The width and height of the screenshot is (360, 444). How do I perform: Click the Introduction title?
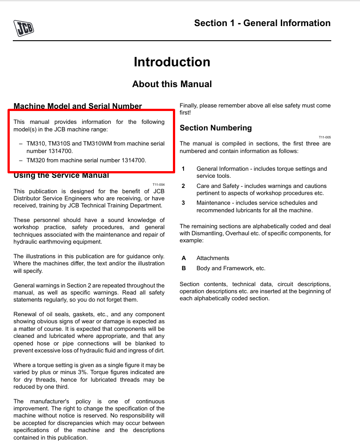click(172, 62)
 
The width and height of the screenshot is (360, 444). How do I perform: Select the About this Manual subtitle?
click(172, 84)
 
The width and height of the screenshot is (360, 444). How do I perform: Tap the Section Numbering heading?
click(215, 128)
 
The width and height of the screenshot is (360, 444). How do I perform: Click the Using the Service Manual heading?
click(61, 176)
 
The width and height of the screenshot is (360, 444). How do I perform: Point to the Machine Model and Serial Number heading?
click(78, 106)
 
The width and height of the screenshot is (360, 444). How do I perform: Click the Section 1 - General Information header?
click(262, 23)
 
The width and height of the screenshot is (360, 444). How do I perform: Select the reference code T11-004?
click(158, 184)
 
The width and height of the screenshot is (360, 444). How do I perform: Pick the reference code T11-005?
click(325, 137)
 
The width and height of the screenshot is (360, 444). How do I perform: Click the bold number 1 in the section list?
click(184, 168)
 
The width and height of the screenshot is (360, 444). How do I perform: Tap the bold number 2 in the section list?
click(184, 186)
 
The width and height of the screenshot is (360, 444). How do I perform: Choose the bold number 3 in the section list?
click(184, 203)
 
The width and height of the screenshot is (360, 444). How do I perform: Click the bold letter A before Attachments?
click(184, 258)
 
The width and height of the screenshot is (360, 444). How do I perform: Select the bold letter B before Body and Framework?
click(184, 268)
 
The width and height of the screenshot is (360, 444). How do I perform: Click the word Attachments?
click(213, 258)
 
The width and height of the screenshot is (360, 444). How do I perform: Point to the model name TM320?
click(36, 160)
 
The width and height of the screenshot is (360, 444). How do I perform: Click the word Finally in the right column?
click(189, 106)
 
